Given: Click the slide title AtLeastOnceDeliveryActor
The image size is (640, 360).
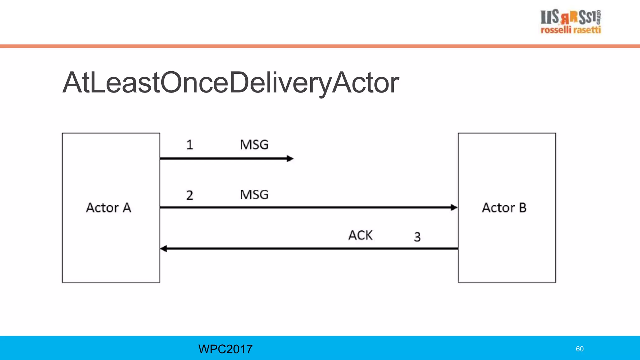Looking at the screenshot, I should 231,83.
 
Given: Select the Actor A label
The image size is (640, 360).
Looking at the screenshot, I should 108,208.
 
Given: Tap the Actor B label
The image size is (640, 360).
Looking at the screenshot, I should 504,208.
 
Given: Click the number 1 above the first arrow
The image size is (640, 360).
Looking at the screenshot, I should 190,145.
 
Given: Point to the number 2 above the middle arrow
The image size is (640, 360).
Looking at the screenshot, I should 190,195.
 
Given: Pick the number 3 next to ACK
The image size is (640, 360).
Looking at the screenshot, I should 417,237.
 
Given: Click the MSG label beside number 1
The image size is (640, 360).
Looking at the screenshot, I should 254,145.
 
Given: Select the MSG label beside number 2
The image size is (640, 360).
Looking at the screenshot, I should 254,195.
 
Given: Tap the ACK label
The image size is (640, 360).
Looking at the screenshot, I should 360,235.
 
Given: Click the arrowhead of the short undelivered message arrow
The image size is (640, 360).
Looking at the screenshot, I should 290,159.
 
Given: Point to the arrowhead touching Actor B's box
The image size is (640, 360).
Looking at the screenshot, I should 454,207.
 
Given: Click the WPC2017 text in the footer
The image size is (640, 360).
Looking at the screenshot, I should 225,349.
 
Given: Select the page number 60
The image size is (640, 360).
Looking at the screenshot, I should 579,349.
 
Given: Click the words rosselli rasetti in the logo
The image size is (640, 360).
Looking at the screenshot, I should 571,30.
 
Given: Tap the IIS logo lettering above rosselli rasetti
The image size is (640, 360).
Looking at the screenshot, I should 569,17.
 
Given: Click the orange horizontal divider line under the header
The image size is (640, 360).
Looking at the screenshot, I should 320,46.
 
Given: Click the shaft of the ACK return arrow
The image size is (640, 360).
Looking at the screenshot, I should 312,249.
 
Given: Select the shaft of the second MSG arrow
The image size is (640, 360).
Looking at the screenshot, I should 306,207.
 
